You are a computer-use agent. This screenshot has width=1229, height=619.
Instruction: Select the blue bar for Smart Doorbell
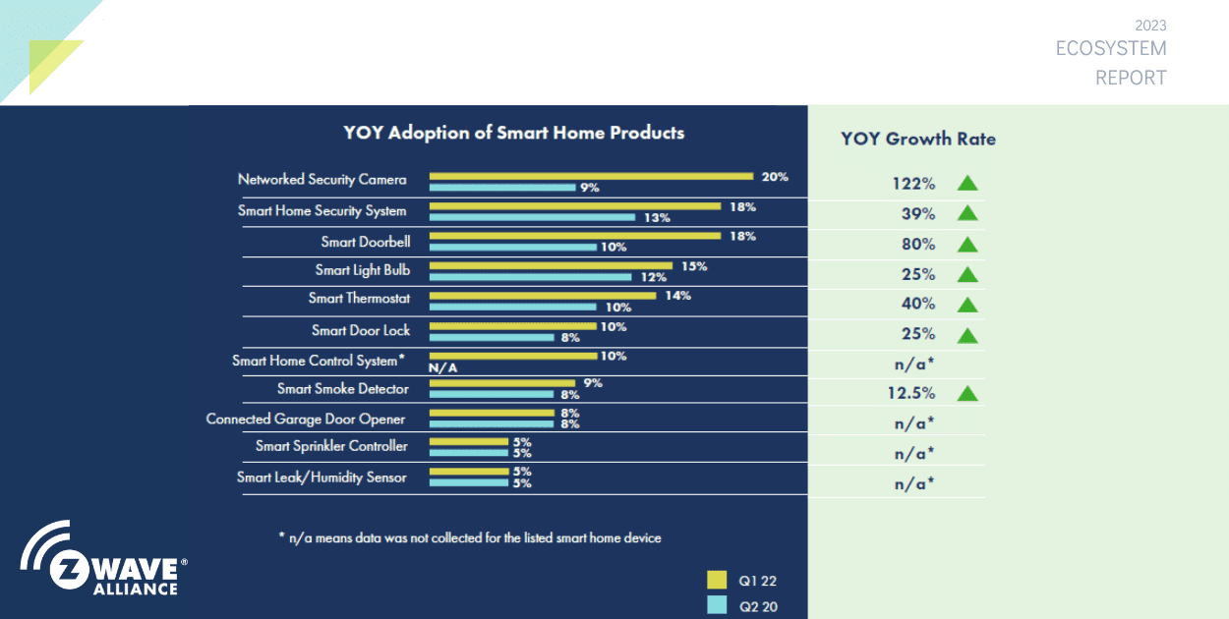point(512,247)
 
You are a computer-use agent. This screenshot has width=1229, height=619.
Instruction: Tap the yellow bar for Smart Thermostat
point(543,295)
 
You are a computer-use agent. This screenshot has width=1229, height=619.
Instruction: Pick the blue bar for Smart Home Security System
point(533,217)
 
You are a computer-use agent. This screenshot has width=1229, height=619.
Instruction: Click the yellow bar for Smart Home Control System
point(512,356)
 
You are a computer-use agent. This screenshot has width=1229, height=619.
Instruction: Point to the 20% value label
point(775,177)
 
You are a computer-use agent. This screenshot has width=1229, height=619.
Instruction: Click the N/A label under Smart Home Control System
point(443,367)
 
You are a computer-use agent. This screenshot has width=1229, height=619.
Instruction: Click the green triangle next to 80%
point(967,245)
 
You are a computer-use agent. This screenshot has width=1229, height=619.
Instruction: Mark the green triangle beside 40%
point(967,305)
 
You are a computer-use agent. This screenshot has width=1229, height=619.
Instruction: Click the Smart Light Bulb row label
point(363,269)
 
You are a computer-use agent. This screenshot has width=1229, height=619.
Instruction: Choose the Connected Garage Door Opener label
point(306,419)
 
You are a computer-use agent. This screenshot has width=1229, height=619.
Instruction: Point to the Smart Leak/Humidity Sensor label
point(322,478)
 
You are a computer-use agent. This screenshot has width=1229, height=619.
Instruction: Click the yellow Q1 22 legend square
point(717,579)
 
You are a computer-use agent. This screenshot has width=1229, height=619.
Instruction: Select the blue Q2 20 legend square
point(717,605)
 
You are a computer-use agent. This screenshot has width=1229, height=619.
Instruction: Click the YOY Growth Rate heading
point(918,139)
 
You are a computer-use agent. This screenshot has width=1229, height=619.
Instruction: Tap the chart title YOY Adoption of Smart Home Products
point(513,133)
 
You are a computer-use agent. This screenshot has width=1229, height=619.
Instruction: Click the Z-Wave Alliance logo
point(101,559)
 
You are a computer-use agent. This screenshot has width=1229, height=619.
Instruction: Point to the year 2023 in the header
point(1150,26)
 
